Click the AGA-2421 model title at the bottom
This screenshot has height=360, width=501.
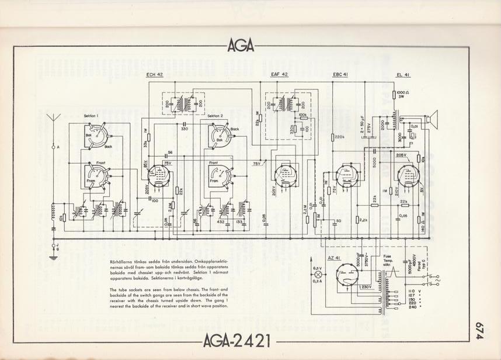click(x=238, y=340)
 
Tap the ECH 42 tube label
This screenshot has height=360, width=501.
click(x=154, y=75)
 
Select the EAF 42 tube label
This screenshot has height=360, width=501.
click(x=280, y=75)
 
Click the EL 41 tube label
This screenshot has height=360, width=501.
click(x=403, y=75)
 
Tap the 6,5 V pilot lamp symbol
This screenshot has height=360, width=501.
click(x=319, y=274)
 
